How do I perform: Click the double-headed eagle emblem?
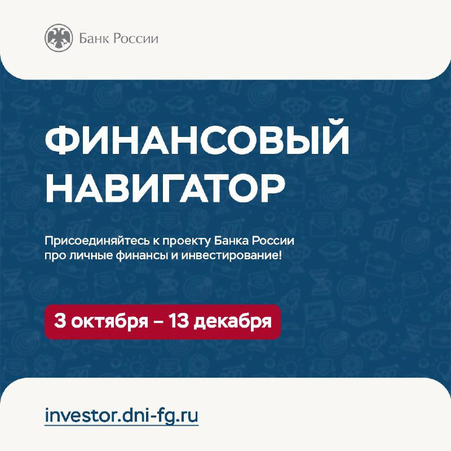(x=59, y=38)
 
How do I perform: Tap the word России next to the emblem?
(x=135, y=38)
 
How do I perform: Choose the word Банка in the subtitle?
(x=231, y=241)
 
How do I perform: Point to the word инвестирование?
(x=231, y=256)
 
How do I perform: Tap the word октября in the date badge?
(x=109, y=321)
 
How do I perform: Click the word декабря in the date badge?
(x=233, y=321)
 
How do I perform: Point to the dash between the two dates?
(x=158, y=322)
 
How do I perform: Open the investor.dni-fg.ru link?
(x=122, y=416)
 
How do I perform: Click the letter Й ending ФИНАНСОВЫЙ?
(x=333, y=138)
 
